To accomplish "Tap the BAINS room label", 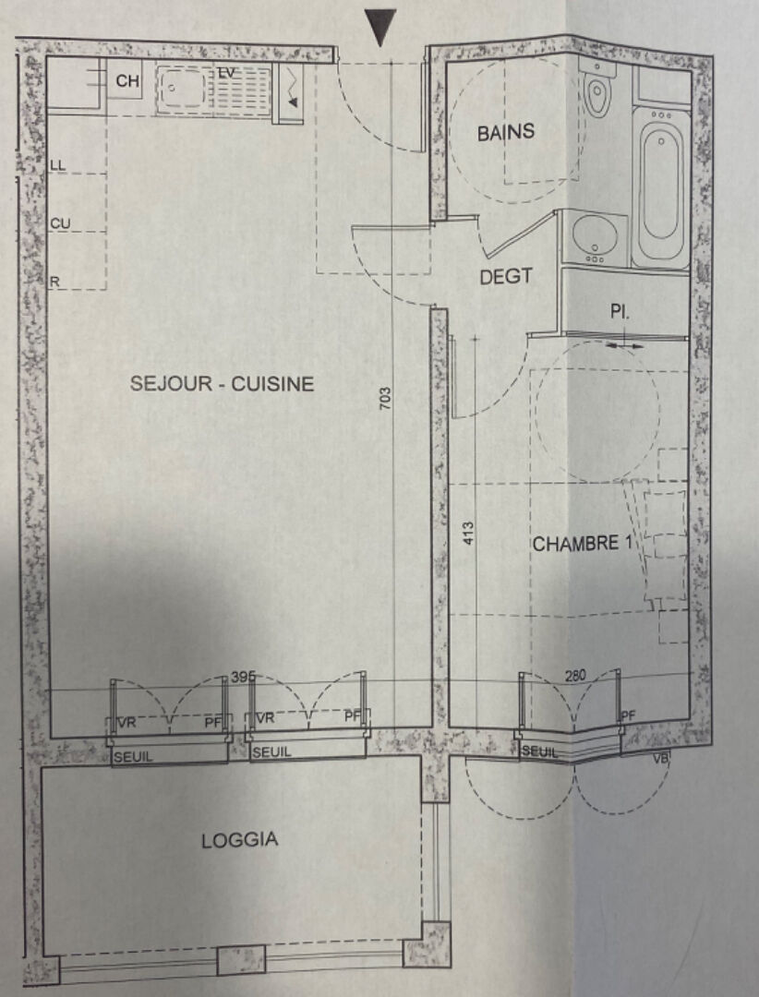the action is tap(506, 132).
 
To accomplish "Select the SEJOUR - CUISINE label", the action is tap(222, 383).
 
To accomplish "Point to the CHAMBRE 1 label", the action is tap(584, 544).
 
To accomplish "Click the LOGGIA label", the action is tap(240, 840).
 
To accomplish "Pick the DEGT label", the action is tap(506, 277).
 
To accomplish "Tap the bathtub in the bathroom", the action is tap(661, 186).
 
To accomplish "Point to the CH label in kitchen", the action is tap(127, 81).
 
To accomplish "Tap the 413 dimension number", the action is tap(467, 533).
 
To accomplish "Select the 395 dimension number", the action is tap(243, 678).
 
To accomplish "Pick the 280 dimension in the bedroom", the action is tap(575, 675).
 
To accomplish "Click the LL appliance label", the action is tap(57, 165).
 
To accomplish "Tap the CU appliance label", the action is tap(60, 223).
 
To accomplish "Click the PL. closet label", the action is tap(620, 312).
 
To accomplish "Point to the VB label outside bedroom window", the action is tap(660, 759).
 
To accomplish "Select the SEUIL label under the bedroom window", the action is tap(539, 751).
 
